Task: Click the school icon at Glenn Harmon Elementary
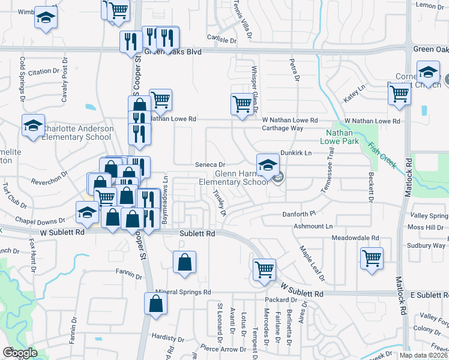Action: coord(268,164)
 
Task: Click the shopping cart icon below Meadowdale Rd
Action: coord(372,259)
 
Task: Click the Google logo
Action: coord(20,352)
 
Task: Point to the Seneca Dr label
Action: coord(209,164)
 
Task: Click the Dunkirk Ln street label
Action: coord(295,154)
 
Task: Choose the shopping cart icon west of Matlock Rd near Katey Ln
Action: coord(399,93)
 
